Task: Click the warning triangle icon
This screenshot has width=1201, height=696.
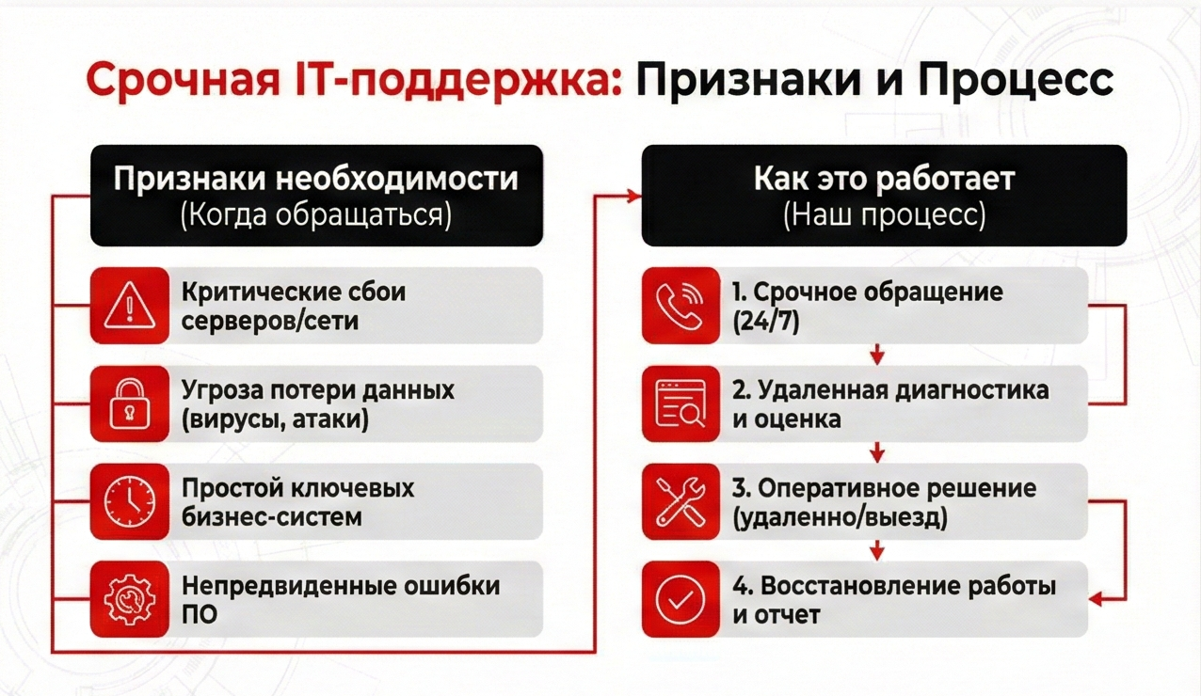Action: (130, 306)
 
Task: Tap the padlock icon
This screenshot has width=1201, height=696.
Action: (130, 403)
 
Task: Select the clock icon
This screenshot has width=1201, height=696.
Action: (130, 501)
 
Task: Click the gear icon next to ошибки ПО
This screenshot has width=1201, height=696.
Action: (130, 599)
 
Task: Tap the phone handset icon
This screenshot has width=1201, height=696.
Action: (680, 306)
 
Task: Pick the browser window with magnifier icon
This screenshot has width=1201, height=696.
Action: (681, 403)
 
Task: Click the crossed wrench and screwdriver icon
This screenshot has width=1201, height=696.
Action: (681, 501)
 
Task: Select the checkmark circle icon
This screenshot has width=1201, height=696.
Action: (681, 599)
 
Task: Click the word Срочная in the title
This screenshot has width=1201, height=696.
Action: (184, 80)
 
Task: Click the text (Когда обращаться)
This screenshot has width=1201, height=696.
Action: (316, 214)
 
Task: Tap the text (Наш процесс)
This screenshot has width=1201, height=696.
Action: (885, 214)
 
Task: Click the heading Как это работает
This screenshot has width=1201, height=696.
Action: (885, 179)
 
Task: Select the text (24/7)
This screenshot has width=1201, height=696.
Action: (765, 322)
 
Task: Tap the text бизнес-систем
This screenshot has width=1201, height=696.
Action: (272, 517)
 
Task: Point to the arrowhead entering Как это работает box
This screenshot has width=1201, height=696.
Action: (634, 196)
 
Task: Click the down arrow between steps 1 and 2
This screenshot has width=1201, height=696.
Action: (877, 355)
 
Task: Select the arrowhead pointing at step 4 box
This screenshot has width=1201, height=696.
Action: (1096, 599)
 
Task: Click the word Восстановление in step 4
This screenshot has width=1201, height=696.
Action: (857, 586)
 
